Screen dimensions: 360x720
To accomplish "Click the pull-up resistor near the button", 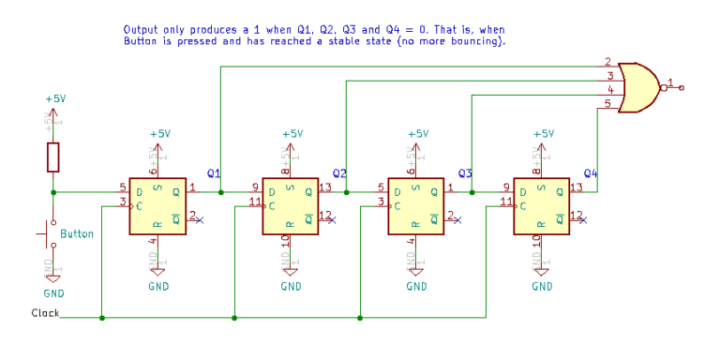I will pos(53,157).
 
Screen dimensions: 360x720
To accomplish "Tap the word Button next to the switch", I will pos(77,233).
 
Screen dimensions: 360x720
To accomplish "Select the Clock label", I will pos(45,313).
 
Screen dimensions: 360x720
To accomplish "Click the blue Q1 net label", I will pos(214,173).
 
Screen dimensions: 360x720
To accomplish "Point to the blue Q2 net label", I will pos(339,173).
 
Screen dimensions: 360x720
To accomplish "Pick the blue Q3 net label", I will pos(464,173).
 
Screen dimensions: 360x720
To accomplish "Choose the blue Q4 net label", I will pos(590,173).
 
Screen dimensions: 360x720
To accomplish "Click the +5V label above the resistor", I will pos(56,97).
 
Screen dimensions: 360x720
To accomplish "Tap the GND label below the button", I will pos(53,293).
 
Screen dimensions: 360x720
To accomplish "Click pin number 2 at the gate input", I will pos(608,62).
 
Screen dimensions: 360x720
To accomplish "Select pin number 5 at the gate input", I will pos(608,103).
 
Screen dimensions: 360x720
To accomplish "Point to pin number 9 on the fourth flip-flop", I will pos(506,187).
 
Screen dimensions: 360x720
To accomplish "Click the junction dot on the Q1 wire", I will pos(221,192).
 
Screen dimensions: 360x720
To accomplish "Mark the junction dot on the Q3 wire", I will pos(472,192).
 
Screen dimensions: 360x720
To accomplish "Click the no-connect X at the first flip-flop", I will pos(199,219).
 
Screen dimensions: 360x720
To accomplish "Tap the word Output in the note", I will pos(142,30).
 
